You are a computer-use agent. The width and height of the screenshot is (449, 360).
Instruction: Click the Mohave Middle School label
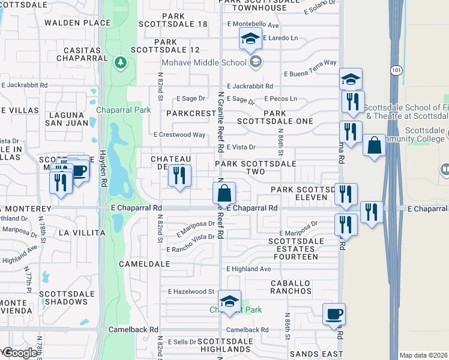[204, 62]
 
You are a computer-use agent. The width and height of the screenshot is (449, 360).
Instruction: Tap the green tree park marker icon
[120, 62]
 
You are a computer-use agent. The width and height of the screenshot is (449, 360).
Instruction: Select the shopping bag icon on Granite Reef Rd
[224, 193]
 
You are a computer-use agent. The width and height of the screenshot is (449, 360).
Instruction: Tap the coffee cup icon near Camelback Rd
[334, 314]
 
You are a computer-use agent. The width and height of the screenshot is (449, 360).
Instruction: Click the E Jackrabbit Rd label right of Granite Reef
[250, 86]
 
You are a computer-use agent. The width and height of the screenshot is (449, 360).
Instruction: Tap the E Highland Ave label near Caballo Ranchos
[249, 269]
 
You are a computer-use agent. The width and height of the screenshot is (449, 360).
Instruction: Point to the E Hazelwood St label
[191, 292]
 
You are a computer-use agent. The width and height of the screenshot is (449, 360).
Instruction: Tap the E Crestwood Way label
[179, 135]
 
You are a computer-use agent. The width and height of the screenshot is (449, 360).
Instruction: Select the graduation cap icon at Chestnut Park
[229, 301]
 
